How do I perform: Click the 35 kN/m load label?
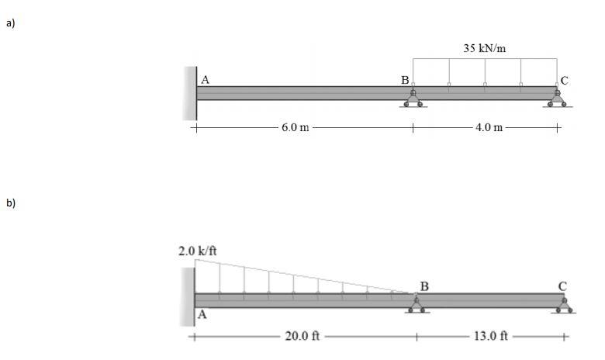[484, 48]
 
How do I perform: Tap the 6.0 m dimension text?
[296, 127]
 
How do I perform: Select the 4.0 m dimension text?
[489, 127]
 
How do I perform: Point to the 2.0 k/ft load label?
[198, 251]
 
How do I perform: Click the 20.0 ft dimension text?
[302, 336]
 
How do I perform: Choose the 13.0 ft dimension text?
[491, 336]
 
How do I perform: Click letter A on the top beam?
[206, 80]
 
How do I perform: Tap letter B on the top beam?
[405, 80]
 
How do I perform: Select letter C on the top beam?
[564, 81]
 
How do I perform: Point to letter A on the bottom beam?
[202, 315]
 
